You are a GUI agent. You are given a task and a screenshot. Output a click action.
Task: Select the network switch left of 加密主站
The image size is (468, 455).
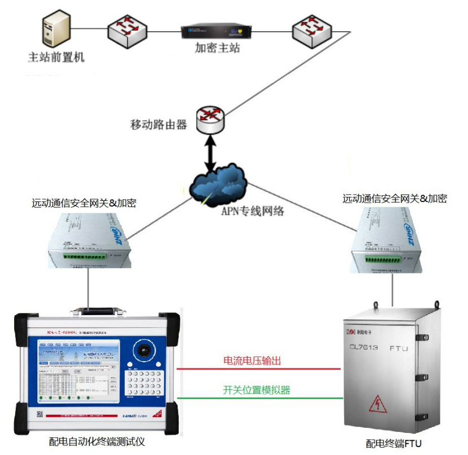[129, 29]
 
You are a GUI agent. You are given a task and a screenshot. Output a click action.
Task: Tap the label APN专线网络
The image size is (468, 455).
[250, 212]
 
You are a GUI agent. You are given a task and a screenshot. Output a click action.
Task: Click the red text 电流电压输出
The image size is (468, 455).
[252, 361]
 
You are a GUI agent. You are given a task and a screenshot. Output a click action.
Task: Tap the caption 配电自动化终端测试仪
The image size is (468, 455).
[97, 441]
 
